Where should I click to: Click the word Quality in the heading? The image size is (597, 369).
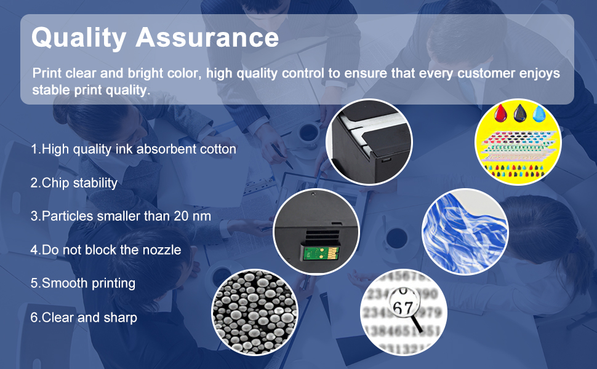coord(79,38)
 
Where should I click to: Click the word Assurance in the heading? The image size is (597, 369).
coord(207,38)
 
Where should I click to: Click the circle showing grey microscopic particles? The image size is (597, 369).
coord(254,311)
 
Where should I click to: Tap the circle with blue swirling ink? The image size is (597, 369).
coord(465,231)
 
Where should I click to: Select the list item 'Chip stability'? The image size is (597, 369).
coord(74,183)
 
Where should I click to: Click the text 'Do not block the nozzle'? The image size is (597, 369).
coord(106,250)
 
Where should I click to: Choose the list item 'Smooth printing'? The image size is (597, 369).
coord(83,284)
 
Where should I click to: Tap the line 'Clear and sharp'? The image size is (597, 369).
coord(84,317)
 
